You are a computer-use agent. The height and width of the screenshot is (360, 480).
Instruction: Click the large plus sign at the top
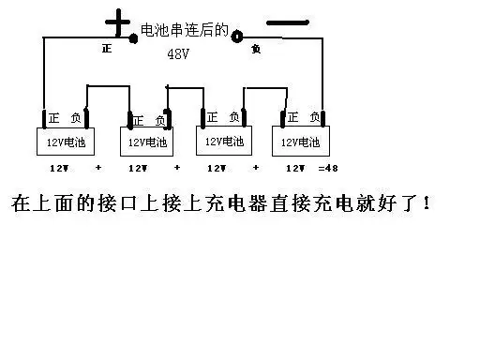[117, 22]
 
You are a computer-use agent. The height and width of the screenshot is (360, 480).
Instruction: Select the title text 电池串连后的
[183, 30]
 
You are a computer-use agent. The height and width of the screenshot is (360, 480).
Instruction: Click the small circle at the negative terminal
[237, 36]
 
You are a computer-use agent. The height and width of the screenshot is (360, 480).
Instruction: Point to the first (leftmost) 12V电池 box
[67, 142]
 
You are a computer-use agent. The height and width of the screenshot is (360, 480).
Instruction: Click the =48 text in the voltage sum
[327, 168]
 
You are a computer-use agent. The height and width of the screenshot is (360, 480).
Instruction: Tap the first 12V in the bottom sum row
[58, 168]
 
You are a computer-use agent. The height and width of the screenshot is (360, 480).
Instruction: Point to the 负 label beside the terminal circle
[255, 48]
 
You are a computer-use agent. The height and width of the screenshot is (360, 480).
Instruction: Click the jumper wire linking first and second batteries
[107, 86]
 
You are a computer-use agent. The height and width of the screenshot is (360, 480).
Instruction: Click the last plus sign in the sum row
[256, 168]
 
